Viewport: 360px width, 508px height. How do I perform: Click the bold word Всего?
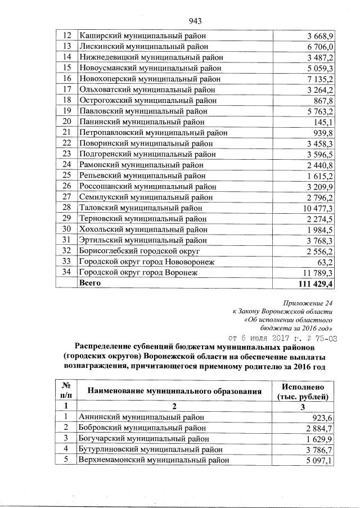click(90, 283)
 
